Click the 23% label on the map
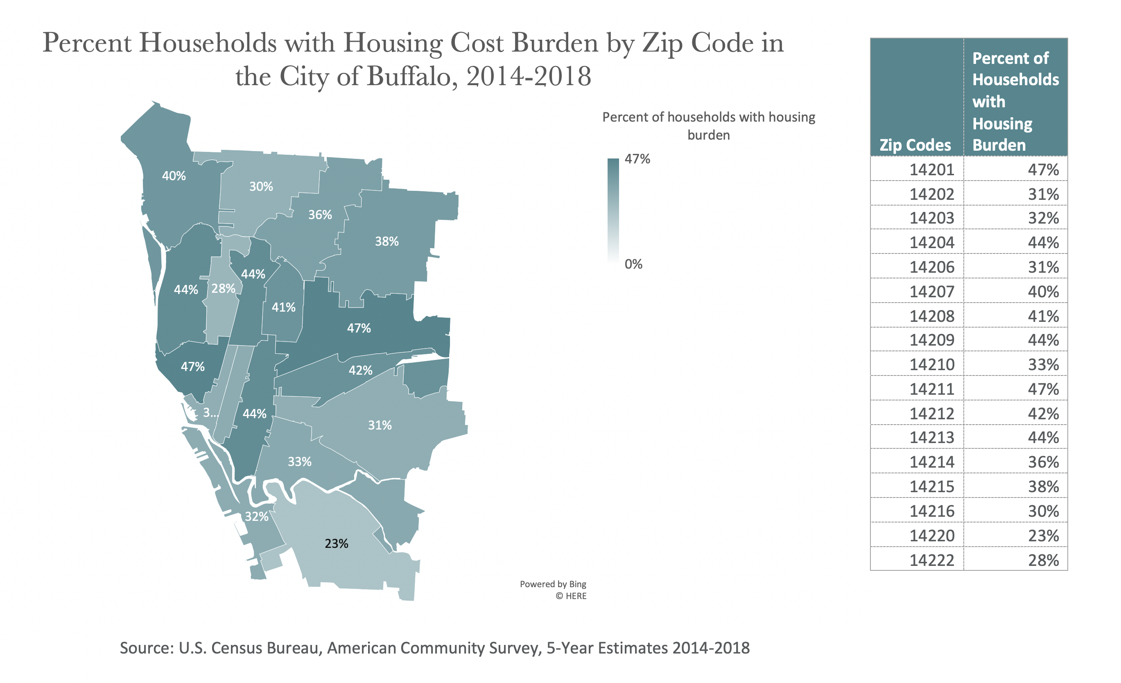pyautogui.click(x=336, y=543)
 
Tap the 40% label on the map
pyautogui.click(x=174, y=176)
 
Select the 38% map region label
pyautogui.click(x=387, y=241)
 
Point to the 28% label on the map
pyautogui.click(x=224, y=289)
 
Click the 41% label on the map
pyautogui.click(x=283, y=307)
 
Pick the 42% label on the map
pyautogui.click(x=360, y=371)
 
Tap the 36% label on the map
pyautogui.click(x=320, y=215)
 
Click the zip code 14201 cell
pyautogui.click(x=931, y=170)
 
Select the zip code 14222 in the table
pyautogui.click(x=931, y=560)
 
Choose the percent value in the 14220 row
pyautogui.click(x=1043, y=536)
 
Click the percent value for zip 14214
pyautogui.click(x=1043, y=462)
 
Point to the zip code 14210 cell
pyautogui.click(x=931, y=364)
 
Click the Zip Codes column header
pyautogui.click(x=915, y=145)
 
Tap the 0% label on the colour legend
pyautogui.click(x=633, y=264)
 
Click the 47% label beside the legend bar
pyautogui.click(x=637, y=159)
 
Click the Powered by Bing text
pyautogui.click(x=553, y=584)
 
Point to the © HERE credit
pyautogui.click(x=571, y=596)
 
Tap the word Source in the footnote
pyautogui.click(x=146, y=647)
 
